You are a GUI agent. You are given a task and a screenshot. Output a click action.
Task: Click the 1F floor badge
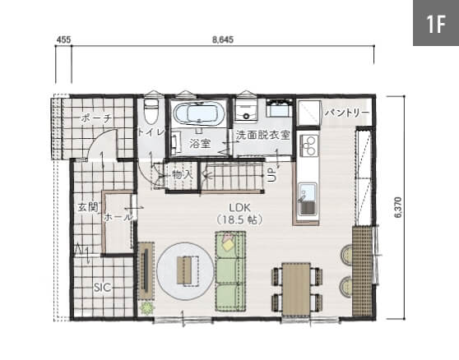click(x=436, y=23)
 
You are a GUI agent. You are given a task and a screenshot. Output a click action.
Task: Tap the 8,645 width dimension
click(x=223, y=39)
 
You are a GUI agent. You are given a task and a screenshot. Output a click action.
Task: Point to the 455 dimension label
click(x=63, y=39)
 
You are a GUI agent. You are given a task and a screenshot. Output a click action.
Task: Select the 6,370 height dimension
click(x=398, y=208)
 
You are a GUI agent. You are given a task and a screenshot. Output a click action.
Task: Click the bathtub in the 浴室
click(x=199, y=113)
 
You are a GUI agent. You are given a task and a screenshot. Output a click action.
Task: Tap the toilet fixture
click(x=151, y=112)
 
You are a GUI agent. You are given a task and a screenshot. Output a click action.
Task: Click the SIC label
click(x=103, y=287)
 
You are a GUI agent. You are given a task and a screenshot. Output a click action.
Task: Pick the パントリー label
click(x=346, y=113)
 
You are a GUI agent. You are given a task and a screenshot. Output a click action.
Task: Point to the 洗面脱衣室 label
click(x=262, y=135)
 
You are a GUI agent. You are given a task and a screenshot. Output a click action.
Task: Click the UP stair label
click(x=271, y=175)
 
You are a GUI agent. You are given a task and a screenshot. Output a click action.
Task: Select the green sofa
click(x=230, y=271)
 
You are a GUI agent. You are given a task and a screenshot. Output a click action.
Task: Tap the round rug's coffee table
click(x=188, y=270)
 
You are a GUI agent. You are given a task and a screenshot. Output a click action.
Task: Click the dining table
click(x=296, y=289)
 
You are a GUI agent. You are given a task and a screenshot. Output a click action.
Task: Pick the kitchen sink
click(x=308, y=199)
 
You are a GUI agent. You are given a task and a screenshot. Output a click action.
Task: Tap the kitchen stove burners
click(x=308, y=145)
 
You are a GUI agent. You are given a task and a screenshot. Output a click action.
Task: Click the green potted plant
click(x=146, y=308)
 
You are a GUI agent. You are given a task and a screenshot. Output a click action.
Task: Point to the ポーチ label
click(x=96, y=118)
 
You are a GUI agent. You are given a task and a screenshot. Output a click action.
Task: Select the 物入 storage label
click(x=182, y=174)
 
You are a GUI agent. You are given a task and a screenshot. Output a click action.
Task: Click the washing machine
click(x=246, y=108)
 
